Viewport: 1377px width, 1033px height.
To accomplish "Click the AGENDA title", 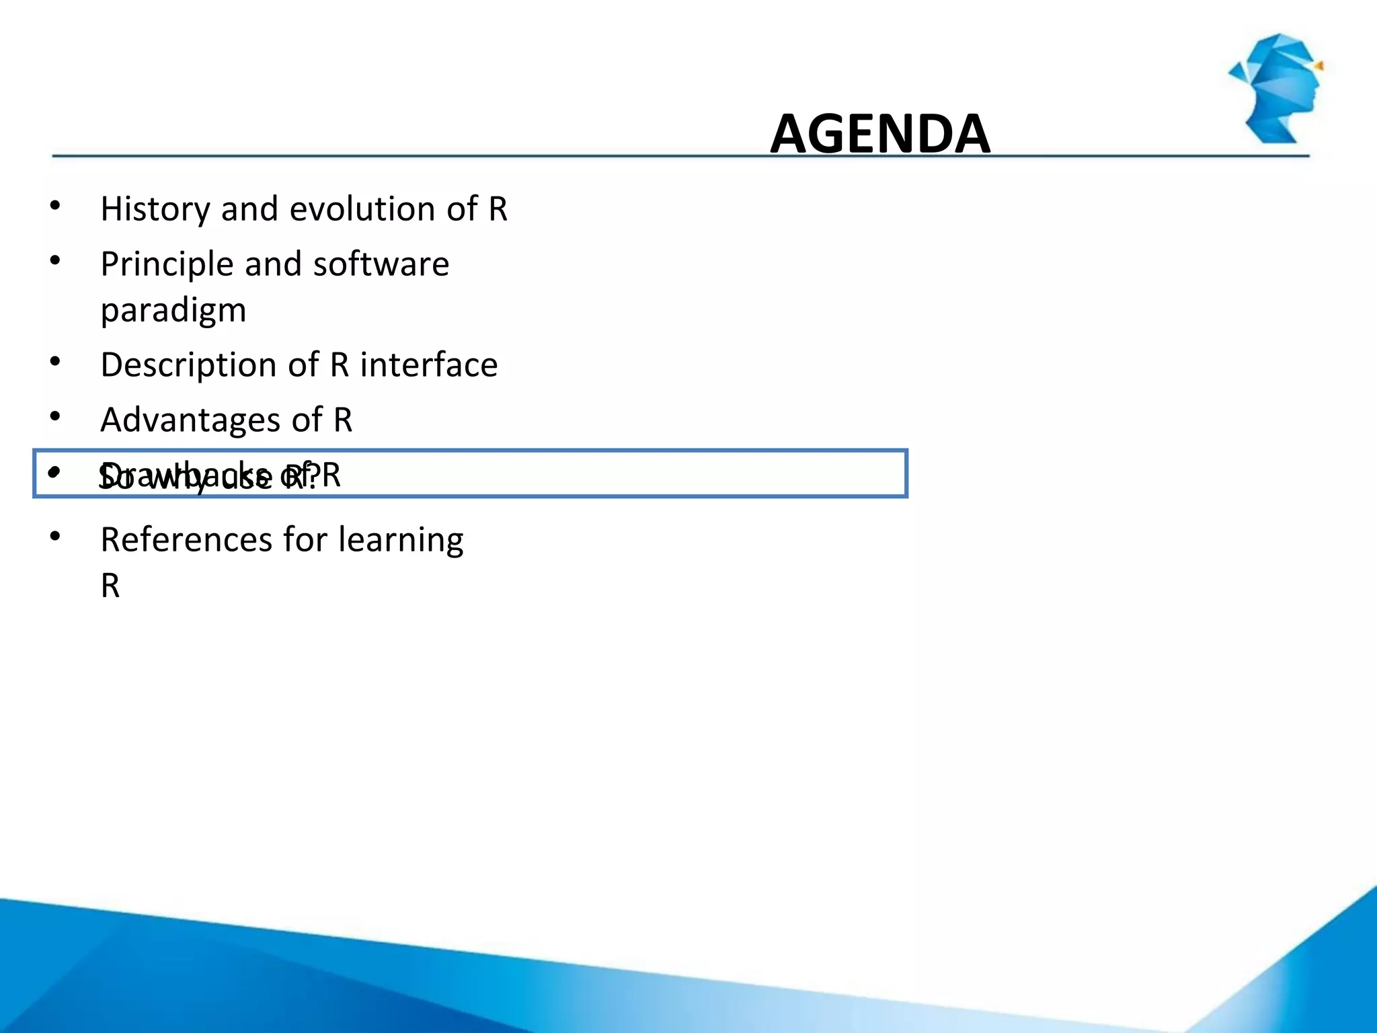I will (879, 134).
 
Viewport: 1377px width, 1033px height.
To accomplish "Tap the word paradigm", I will (173, 311).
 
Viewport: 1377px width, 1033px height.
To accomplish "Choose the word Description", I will (209, 365).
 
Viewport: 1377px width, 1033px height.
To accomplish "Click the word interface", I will (429, 365).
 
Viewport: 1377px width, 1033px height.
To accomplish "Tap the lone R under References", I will (110, 586).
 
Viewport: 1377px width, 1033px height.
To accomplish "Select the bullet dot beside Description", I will (55, 361).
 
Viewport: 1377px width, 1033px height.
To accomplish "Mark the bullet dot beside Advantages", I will (55, 416).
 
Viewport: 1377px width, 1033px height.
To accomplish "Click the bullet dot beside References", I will (55, 536).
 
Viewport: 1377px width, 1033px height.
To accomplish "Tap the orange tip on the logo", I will (1319, 66).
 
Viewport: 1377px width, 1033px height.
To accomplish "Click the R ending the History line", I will (498, 209).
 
